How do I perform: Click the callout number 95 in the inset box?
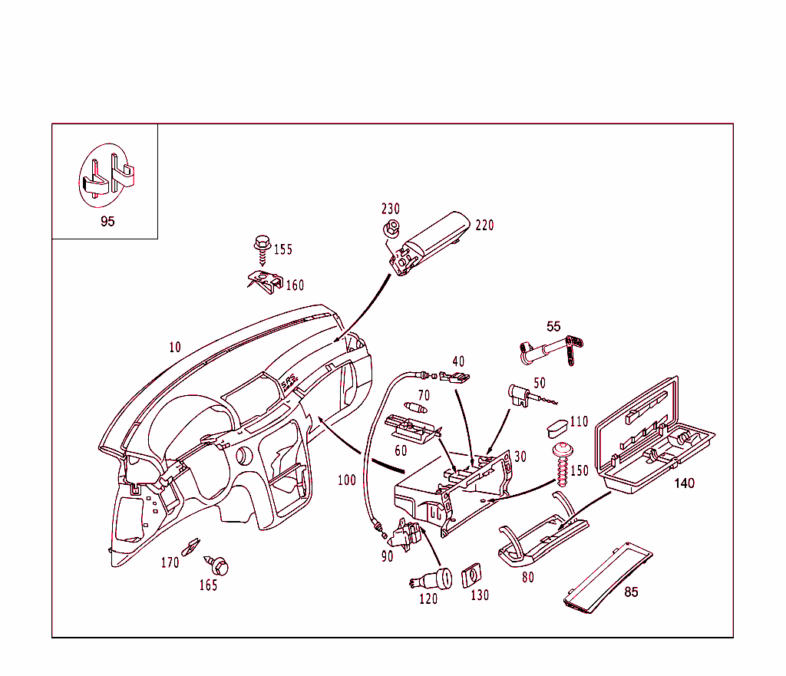point(107,222)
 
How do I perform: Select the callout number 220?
point(484,226)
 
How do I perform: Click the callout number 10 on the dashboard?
point(175,347)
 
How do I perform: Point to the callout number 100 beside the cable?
point(347,480)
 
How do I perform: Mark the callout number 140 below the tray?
point(683,483)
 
